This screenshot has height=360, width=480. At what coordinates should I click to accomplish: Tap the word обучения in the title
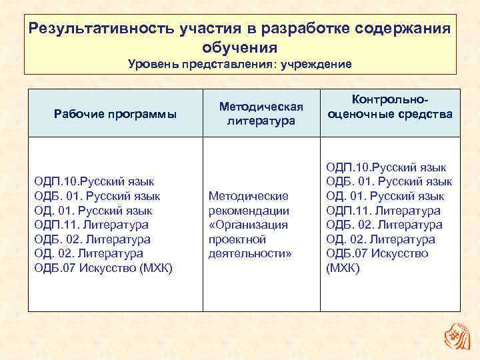pos(239,48)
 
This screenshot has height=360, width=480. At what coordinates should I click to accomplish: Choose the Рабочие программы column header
pos(115,114)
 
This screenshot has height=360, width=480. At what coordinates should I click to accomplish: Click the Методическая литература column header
pos(261,114)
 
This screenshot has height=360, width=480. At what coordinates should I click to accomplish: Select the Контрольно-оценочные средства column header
pos(390,107)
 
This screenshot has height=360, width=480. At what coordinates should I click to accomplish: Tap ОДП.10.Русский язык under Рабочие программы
pos(94,181)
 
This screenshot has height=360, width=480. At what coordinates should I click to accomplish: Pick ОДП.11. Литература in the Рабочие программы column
pos(91,225)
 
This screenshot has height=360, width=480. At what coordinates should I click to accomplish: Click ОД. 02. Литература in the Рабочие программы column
pos(89,253)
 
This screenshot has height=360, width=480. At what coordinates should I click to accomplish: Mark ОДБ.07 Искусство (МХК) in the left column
pos(103,268)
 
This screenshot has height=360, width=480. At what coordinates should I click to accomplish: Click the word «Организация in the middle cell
pos(248,225)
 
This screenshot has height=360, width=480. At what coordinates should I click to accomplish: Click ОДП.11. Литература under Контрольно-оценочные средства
pos(383,210)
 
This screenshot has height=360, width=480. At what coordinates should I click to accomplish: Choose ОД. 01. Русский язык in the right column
pos(385,195)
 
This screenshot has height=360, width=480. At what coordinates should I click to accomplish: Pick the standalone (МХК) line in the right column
pos(343,268)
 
